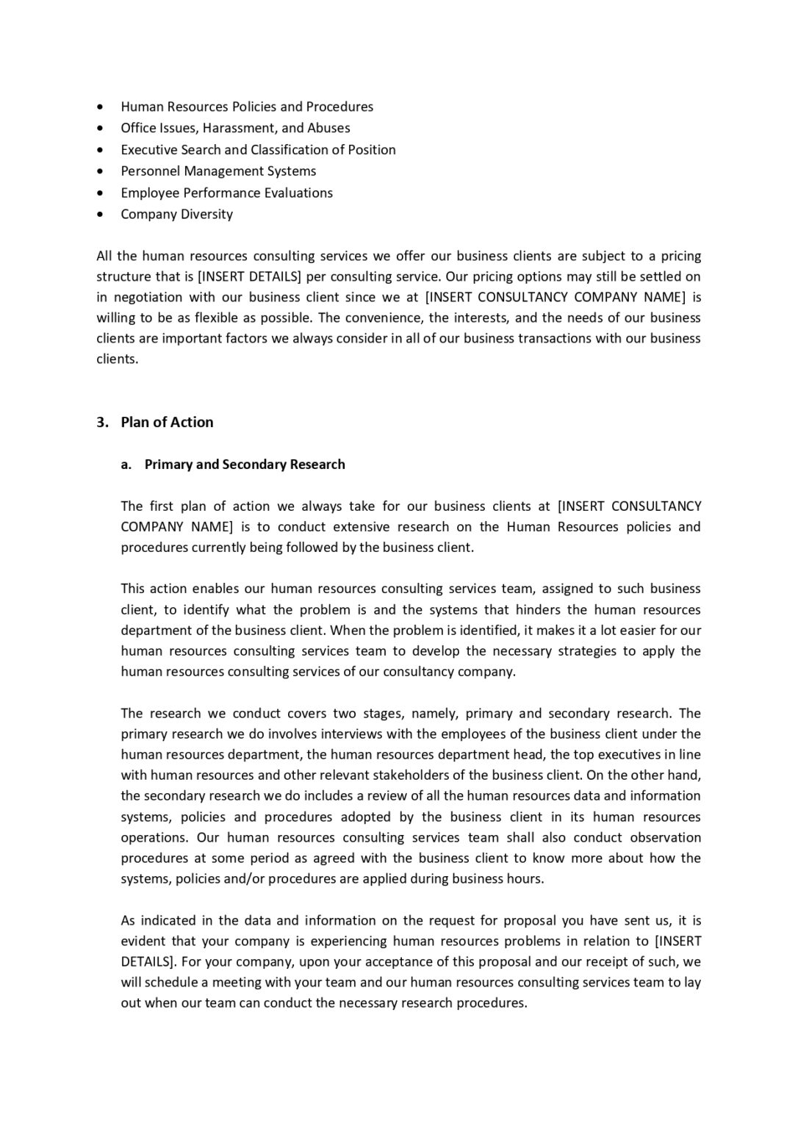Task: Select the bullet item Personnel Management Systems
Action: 218,171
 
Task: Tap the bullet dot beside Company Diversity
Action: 101,215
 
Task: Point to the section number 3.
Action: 102,422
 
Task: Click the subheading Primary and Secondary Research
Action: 245,465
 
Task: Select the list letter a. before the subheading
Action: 126,465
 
